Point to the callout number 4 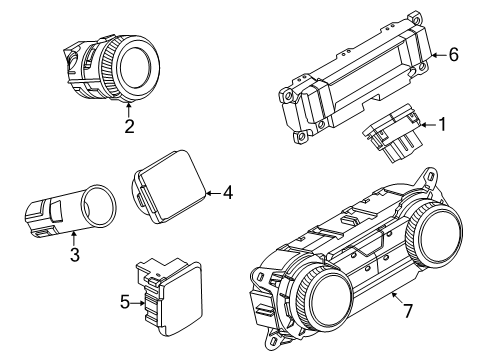229,191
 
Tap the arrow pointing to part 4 212,191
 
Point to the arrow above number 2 129,108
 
